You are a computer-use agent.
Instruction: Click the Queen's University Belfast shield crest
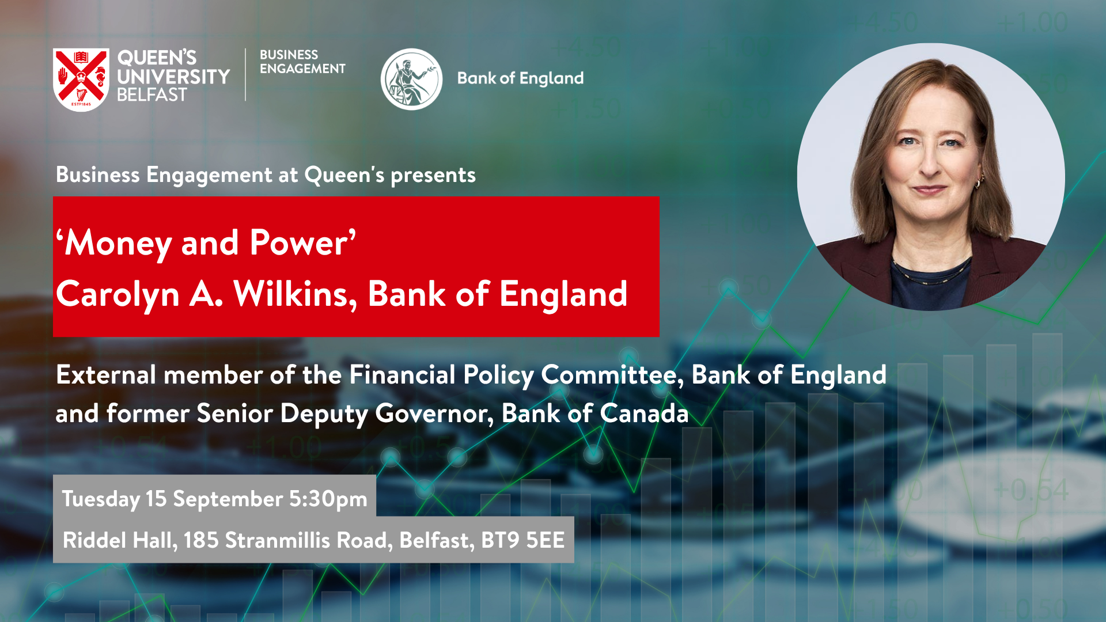coord(81,79)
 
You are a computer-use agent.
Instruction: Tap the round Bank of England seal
coord(411,79)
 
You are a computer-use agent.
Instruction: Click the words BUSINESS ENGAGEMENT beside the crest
coord(302,62)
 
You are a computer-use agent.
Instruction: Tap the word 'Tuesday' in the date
coord(101,499)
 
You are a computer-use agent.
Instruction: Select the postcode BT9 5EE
coord(523,540)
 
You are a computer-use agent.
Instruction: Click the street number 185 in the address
coord(201,540)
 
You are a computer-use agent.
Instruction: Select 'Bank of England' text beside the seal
coord(520,78)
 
